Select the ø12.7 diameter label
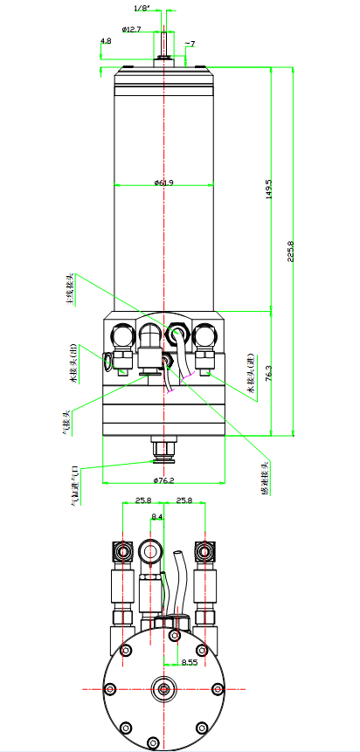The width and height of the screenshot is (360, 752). [x=132, y=29]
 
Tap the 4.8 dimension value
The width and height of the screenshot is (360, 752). [x=106, y=41]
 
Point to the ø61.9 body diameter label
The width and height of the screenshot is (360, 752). [x=163, y=182]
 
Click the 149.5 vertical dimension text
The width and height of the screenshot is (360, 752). [x=269, y=189]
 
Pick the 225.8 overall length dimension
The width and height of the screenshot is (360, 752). [x=291, y=250]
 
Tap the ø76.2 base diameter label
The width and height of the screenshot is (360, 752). [x=163, y=480]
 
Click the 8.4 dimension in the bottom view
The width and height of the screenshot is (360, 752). [x=157, y=517]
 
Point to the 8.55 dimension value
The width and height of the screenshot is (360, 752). [x=189, y=662]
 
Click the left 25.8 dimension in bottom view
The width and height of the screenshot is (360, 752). [x=143, y=500]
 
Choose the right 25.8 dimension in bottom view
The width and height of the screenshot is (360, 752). [x=184, y=500]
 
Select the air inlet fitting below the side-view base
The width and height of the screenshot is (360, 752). [x=163, y=449]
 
